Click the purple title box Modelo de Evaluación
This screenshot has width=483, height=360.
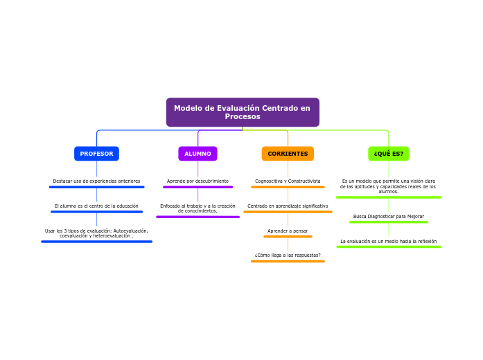click(x=243, y=112)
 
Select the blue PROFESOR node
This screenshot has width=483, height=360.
click(x=96, y=154)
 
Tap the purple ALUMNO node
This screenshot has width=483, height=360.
click(x=197, y=154)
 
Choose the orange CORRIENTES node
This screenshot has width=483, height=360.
click(x=288, y=154)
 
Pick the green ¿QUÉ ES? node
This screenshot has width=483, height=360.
click(x=388, y=154)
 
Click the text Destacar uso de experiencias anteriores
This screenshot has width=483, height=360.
click(x=96, y=181)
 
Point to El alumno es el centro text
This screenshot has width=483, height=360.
click(x=96, y=206)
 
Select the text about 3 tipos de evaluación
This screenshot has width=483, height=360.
click(x=96, y=233)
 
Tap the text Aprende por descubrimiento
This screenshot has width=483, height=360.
click(x=197, y=181)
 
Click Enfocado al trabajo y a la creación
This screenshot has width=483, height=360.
click(x=197, y=208)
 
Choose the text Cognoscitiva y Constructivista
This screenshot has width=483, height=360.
click(x=288, y=181)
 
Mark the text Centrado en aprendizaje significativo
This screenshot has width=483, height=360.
click(x=288, y=206)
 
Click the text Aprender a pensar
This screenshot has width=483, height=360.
click(x=288, y=231)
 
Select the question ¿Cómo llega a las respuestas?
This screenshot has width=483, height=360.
click(x=288, y=255)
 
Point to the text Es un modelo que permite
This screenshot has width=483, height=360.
click(x=388, y=186)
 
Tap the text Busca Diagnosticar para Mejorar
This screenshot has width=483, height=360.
click(x=388, y=217)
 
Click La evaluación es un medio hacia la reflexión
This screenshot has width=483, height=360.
click(x=388, y=242)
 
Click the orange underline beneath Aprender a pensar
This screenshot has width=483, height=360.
click(x=288, y=237)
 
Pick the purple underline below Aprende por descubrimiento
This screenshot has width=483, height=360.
click(x=197, y=187)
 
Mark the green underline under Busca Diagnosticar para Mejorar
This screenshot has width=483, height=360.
click(x=388, y=222)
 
